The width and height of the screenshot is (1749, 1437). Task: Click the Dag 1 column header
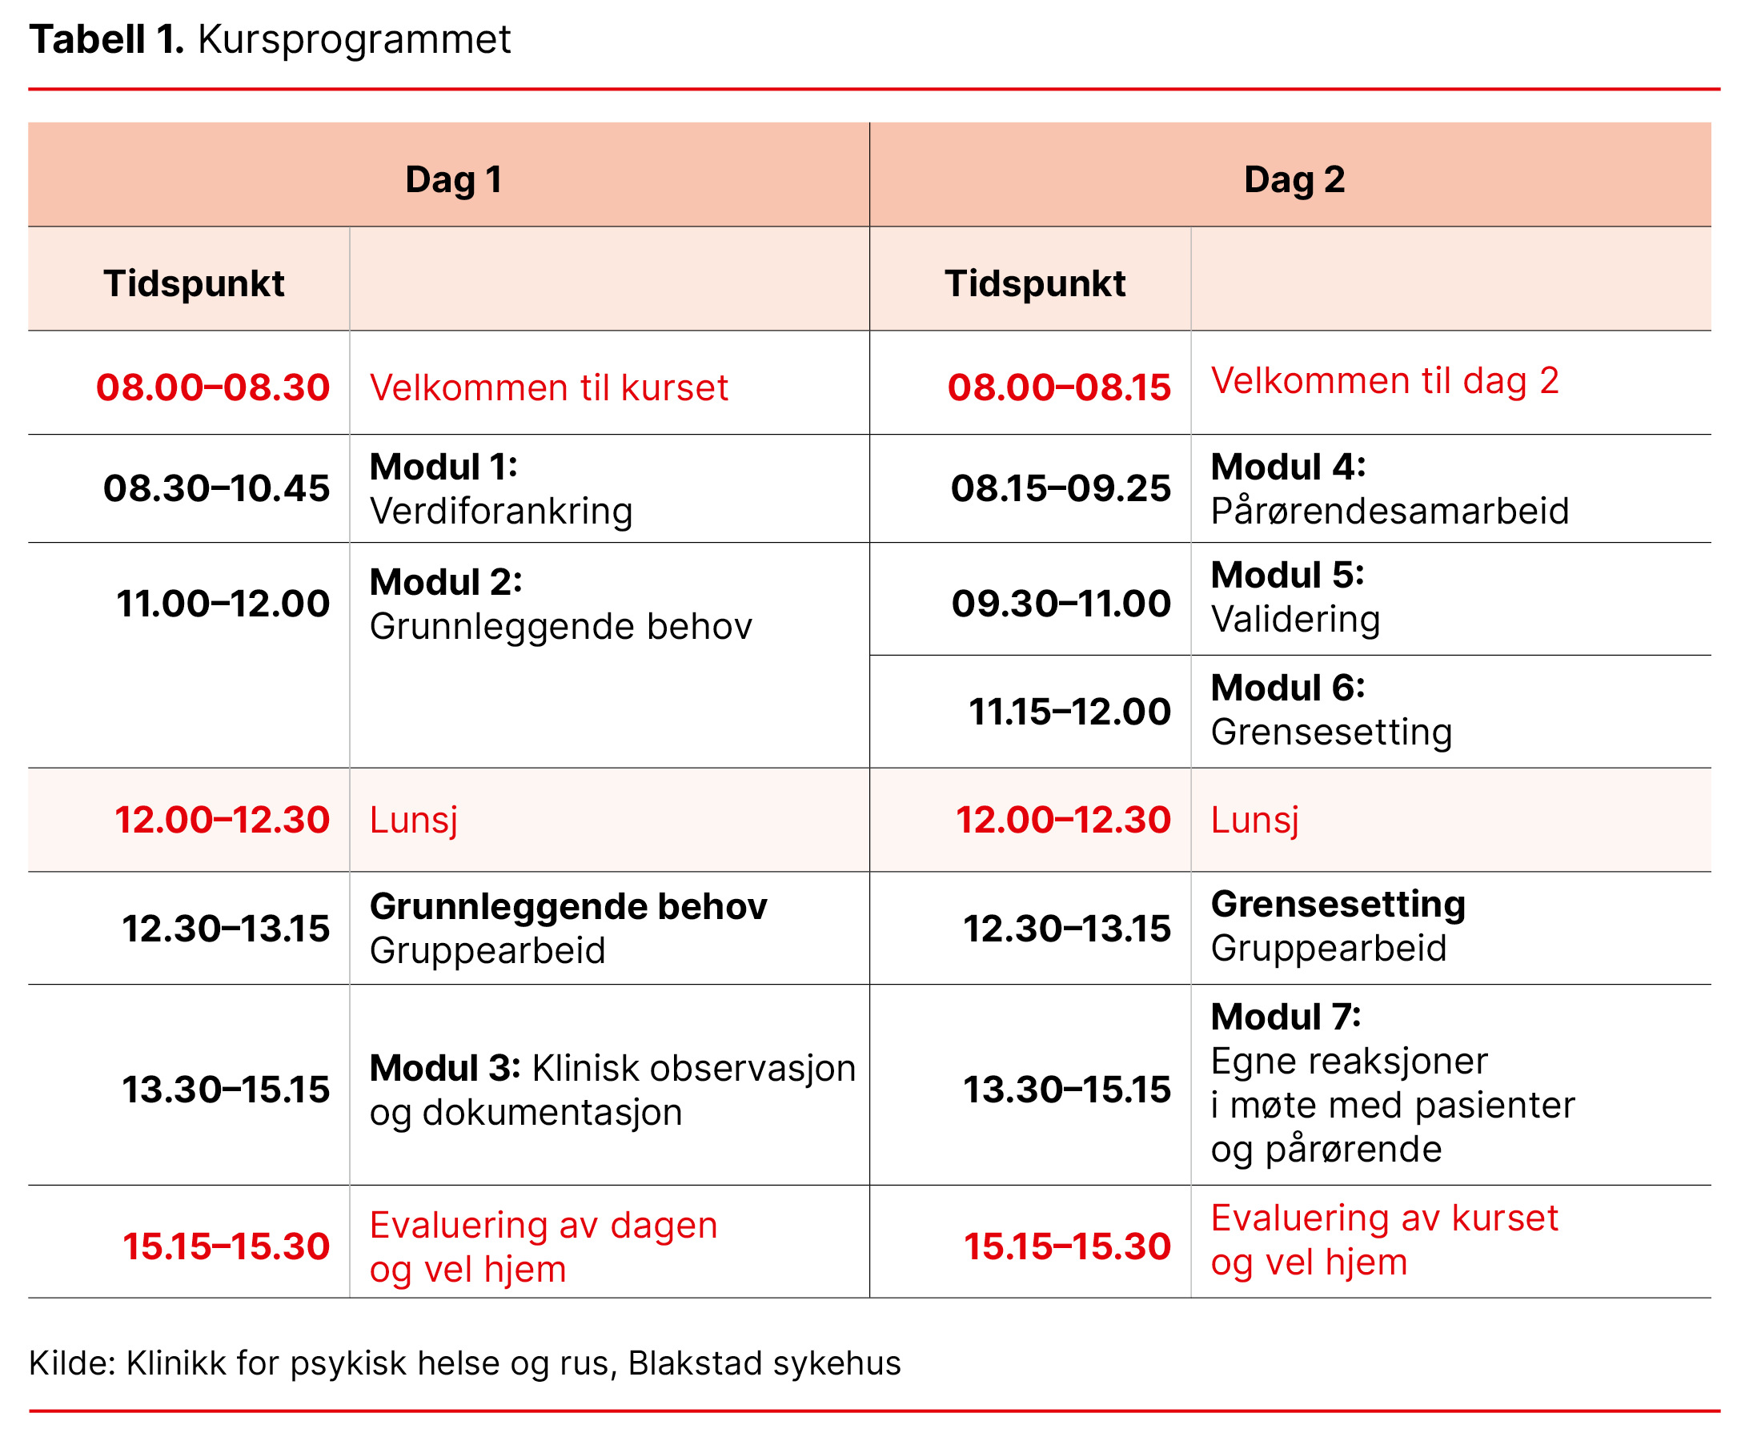(453, 179)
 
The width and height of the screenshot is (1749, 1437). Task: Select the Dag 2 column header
(1294, 179)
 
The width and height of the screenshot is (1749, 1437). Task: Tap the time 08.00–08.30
(213, 387)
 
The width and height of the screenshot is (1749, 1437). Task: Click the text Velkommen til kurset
(549, 387)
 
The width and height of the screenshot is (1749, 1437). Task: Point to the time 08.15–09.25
(1061, 488)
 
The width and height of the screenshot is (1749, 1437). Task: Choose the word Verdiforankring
(501, 511)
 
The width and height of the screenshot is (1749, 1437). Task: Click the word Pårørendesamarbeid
(1389, 511)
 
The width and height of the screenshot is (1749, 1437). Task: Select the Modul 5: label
(1287, 575)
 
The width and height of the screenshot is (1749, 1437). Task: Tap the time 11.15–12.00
(1069, 712)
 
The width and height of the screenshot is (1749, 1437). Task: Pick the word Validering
(1295, 619)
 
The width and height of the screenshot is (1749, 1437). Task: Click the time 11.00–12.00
(223, 604)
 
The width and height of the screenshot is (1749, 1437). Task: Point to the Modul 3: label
(444, 1068)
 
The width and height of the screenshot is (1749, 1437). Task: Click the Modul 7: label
(1286, 1017)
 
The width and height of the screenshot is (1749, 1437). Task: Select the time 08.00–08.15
(1059, 387)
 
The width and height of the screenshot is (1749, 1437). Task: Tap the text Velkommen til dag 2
(1385, 381)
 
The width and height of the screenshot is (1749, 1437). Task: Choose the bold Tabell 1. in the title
(106, 39)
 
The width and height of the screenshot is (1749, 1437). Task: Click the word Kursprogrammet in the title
(355, 39)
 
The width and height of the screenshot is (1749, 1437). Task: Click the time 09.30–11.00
(1061, 604)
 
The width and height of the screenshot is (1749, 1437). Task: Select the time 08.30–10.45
(216, 488)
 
